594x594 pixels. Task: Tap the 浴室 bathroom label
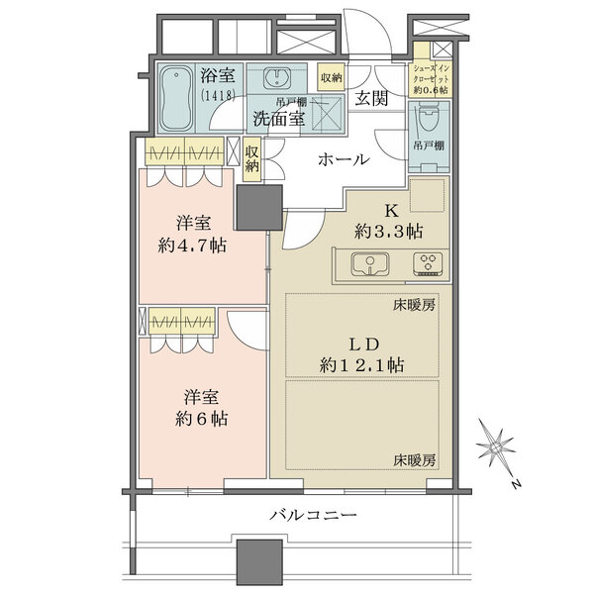218,76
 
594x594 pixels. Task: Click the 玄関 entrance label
372,97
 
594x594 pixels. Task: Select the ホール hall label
344,159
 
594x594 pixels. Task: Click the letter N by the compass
517,484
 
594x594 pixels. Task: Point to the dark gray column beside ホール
259,209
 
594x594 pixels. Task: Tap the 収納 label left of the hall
252,158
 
